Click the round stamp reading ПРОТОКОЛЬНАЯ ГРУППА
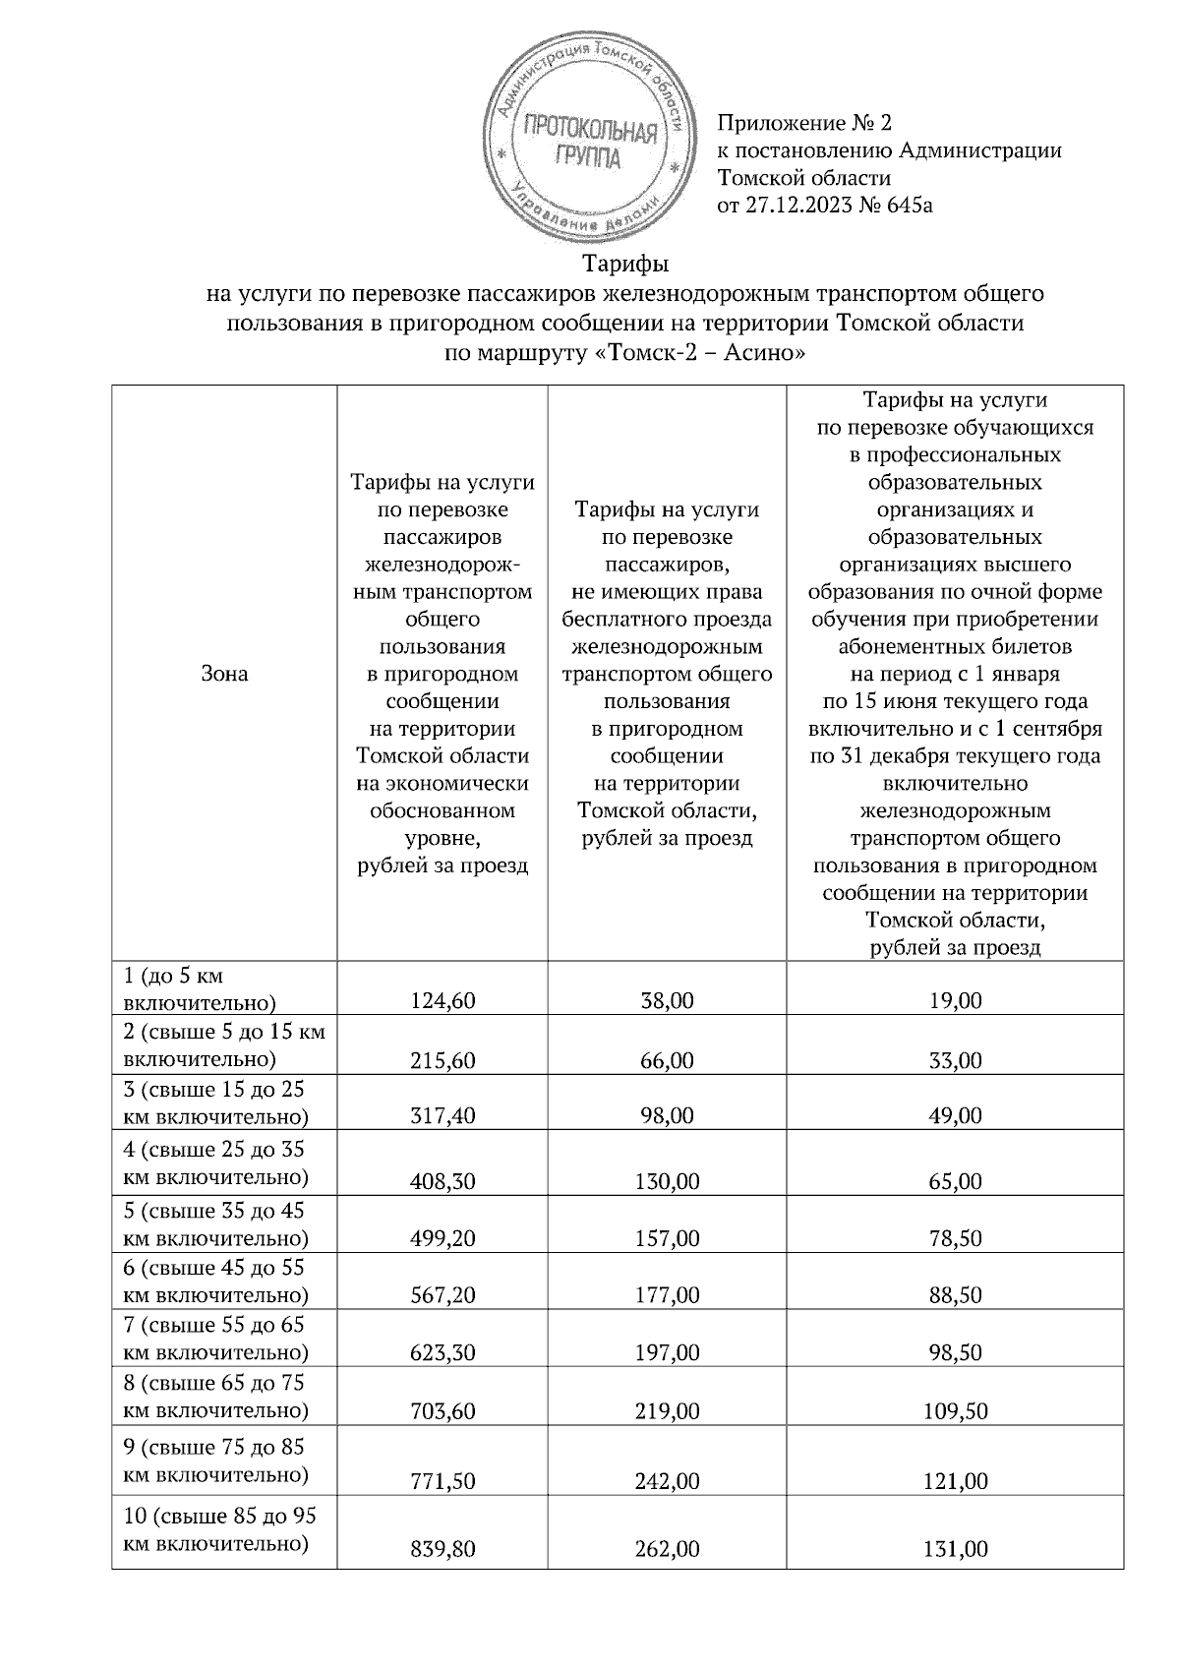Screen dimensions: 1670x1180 (x=588, y=144)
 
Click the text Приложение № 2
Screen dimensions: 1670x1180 (x=804, y=123)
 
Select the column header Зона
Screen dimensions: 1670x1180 (x=224, y=674)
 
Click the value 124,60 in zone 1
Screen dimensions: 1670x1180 (x=442, y=1001)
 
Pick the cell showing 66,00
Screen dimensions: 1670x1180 (x=668, y=1060)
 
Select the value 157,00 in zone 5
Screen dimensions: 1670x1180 (x=668, y=1238)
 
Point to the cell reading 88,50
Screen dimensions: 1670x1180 (x=956, y=1295)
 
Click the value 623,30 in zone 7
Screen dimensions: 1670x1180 (x=442, y=1353)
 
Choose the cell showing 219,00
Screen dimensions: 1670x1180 (x=668, y=1411)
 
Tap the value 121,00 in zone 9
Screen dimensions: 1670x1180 (x=956, y=1481)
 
